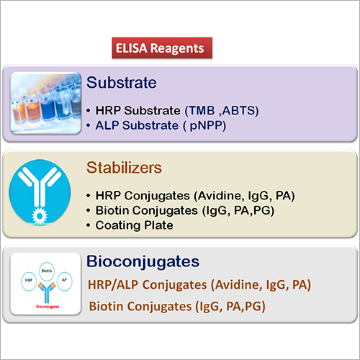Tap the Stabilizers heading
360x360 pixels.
[x=127, y=168]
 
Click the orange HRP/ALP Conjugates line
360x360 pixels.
[x=199, y=285]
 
